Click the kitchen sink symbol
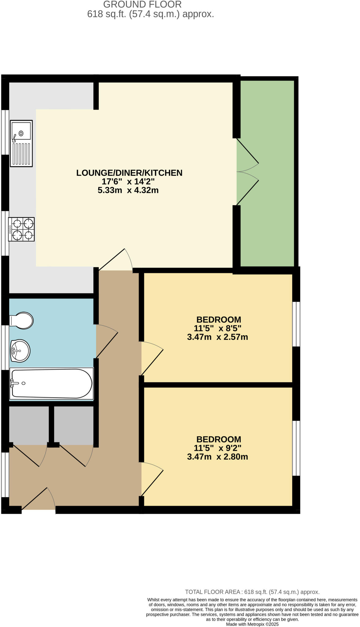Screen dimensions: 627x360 click(21, 143)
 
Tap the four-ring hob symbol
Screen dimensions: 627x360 click(21, 229)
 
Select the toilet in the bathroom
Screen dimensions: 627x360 click(21, 321)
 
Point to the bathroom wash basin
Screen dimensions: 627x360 click(20, 351)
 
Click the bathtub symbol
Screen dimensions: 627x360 click(51, 384)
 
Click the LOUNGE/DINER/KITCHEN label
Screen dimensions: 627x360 click(129, 173)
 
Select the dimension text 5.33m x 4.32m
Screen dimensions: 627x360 click(128, 190)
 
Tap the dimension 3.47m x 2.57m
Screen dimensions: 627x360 click(218, 337)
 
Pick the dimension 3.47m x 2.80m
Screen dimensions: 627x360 click(218, 457)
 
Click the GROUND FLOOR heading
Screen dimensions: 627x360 click(142, 4)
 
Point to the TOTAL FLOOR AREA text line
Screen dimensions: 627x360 click(252, 592)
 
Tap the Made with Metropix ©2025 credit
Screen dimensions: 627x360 click(252, 624)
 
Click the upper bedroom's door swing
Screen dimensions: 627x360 click(152, 358)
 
